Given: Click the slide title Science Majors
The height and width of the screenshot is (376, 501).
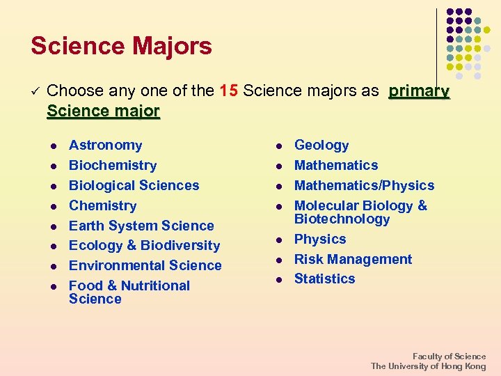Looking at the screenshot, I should coord(121,47).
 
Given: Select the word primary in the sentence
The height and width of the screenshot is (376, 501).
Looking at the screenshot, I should coord(419,91).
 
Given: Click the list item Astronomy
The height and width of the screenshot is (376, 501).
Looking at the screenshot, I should coord(105,145).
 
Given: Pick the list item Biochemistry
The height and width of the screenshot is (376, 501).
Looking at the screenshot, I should coord(113,165).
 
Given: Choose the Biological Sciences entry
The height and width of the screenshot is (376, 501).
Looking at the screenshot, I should coord(134,185).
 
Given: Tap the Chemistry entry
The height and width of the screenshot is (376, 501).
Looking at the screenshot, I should coord(102,205).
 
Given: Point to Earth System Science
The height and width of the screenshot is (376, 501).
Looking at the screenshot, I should coord(141,226).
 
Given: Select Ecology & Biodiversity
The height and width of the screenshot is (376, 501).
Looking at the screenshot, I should coord(144,245).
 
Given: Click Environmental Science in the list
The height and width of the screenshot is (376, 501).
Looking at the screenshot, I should coord(145,265).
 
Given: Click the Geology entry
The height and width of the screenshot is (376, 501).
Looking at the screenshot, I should coord(321,145).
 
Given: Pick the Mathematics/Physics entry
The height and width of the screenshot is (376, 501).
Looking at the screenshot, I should coord(364,185).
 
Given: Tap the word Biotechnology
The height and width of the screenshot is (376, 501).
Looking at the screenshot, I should coord(342,219).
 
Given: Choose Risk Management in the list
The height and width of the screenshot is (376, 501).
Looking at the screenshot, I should coord(353,259).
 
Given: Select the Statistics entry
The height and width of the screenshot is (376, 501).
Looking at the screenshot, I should coord(324,279).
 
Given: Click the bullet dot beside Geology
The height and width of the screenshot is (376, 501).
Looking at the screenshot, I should coord(278,146).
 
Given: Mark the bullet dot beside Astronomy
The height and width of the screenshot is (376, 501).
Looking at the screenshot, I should coord(51,146).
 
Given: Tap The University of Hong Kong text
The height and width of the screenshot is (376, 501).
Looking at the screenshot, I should coord(428,366).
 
